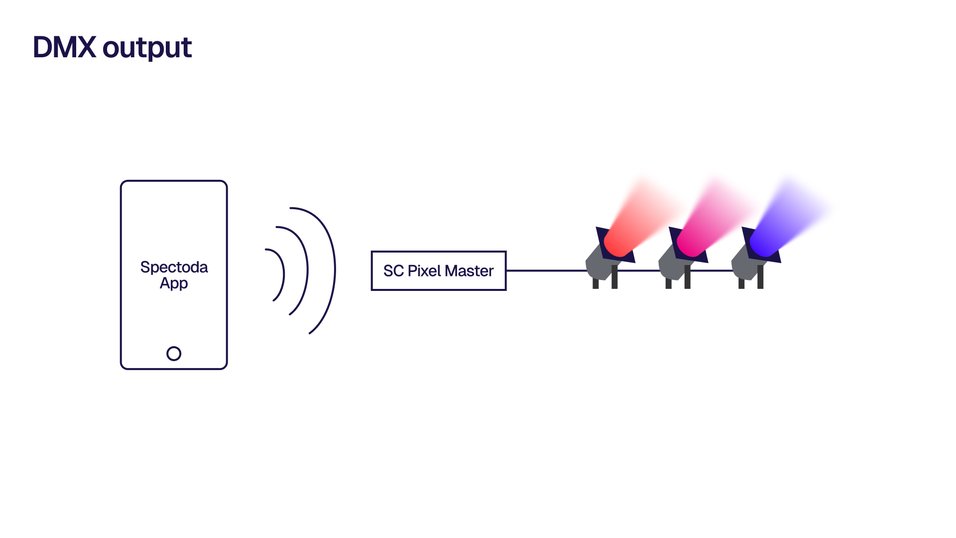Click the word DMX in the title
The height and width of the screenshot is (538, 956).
pyautogui.click(x=64, y=48)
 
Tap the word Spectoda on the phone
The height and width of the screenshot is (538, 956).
pyautogui.click(x=174, y=267)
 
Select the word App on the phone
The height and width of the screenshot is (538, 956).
pyautogui.click(x=174, y=283)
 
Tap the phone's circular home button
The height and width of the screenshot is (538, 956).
pyautogui.click(x=174, y=354)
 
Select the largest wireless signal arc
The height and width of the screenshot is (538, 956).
pyautogui.click(x=334, y=269)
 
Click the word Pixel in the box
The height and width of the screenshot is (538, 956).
pyautogui.click(x=424, y=271)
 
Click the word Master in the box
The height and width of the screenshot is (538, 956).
pyautogui.click(x=469, y=271)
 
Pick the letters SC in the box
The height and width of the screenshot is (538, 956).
pyautogui.click(x=393, y=271)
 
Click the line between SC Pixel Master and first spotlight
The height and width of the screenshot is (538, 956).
pyautogui.click(x=546, y=270)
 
